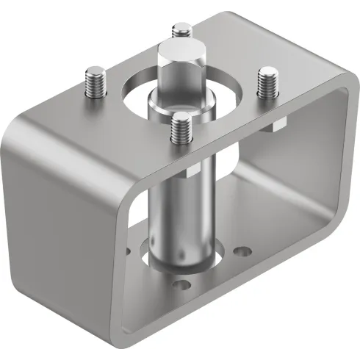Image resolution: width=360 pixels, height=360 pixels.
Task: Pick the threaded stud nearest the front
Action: click(179, 128)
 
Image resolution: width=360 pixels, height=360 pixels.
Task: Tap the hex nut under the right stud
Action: click(273, 124)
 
